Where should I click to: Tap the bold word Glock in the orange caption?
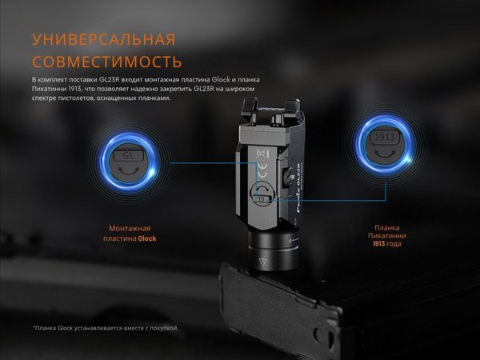coord(146,239)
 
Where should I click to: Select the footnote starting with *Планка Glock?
coord(105,328)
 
